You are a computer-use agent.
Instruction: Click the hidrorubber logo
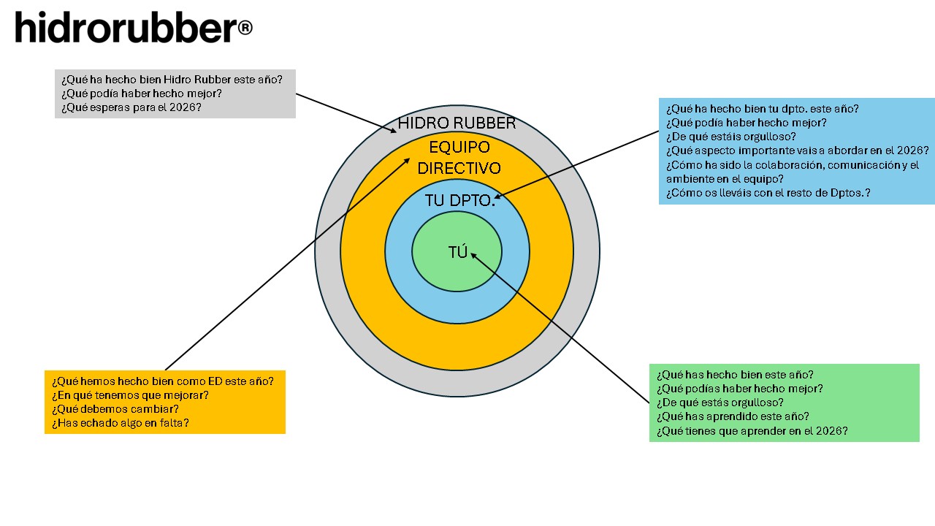click(x=124, y=28)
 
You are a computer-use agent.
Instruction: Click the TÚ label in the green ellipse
click(x=457, y=253)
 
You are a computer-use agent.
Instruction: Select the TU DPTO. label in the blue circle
click(x=459, y=200)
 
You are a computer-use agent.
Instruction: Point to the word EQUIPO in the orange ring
click(x=459, y=147)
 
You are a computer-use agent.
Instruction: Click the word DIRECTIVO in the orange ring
click(x=459, y=168)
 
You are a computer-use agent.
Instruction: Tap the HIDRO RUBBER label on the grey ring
click(x=457, y=123)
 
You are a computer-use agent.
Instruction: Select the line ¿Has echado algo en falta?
click(x=121, y=422)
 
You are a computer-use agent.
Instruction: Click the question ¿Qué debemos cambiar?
click(x=115, y=408)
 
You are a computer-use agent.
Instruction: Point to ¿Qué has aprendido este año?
click(x=733, y=416)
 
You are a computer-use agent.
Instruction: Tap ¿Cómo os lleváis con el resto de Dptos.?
click(x=768, y=193)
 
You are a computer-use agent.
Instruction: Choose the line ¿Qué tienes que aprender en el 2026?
click(x=752, y=430)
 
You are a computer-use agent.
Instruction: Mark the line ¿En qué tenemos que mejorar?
click(x=130, y=394)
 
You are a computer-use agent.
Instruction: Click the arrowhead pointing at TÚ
click(x=474, y=255)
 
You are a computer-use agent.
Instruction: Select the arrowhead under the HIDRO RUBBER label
click(x=394, y=131)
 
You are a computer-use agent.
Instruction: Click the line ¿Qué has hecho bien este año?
click(x=735, y=374)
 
